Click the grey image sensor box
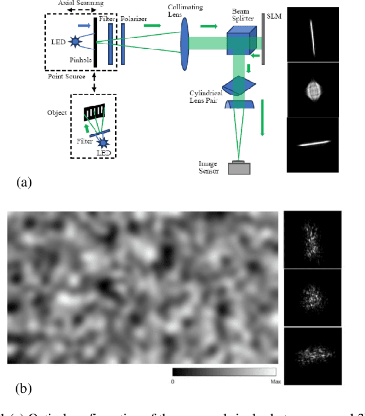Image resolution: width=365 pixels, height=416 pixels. point(239,168)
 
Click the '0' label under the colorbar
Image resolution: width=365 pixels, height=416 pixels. point(173,381)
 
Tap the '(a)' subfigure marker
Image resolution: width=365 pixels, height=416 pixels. point(24,182)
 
